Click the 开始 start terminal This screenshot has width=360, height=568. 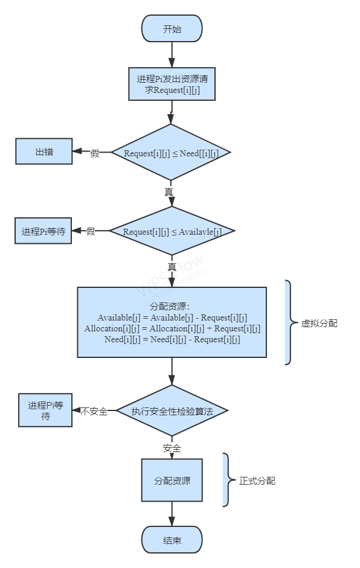pyautogui.click(x=172, y=28)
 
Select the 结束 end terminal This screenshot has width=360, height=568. pyautogui.click(x=172, y=540)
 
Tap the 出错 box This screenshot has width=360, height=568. pyautogui.click(x=44, y=152)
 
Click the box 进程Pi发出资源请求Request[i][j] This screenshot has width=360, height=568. pyautogui.click(x=172, y=84)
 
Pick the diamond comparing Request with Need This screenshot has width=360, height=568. pyautogui.click(x=171, y=153)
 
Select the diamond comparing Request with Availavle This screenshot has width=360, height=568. pyautogui.click(x=172, y=231)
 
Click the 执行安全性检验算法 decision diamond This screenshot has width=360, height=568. pyautogui.click(x=172, y=411)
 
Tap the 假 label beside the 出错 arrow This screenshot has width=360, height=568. pyautogui.click(x=95, y=153)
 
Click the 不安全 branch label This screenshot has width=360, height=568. pyautogui.click(x=94, y=412)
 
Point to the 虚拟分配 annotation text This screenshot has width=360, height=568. pyautogui.click(x=319, y=323)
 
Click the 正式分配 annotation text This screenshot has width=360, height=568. pyautogui.click(x=257, y=480)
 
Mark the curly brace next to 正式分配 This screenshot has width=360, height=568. pyautogui.click(x=228, y=480)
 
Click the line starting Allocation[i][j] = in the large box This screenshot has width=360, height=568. pyautogui.click(x=172, y=328)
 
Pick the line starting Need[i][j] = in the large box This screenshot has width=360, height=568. pyautogui.click(x=172, y=339)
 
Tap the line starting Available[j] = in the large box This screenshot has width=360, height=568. pyautogui.click(x=172, y=318)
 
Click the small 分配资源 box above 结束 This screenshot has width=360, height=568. pyautogui.click(x=172, y=480)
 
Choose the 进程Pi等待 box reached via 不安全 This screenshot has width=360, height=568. pyautogui.click(x=45, y=410)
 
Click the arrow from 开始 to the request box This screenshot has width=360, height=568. pyautogui.click(x=172, y=55)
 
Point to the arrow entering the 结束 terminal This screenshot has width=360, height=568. pyautogui.click(x=172, y=514)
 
